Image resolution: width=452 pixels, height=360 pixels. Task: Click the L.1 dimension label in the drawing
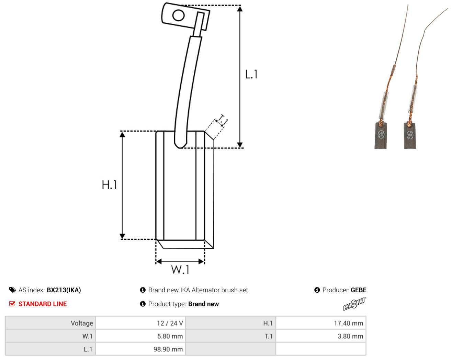251,74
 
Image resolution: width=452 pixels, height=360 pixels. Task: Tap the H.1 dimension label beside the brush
109,184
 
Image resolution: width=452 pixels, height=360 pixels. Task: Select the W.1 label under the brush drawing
180,269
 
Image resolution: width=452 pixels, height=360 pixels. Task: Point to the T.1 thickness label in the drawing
223,120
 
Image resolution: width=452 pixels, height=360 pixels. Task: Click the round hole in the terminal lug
178,15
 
